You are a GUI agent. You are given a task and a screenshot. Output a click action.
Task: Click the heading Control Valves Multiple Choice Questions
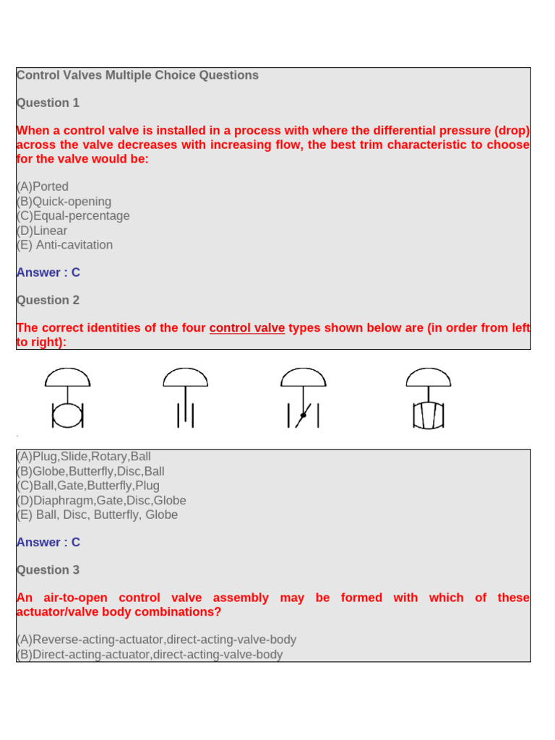[137, 75]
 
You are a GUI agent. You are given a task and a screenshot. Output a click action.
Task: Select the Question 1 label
[48, 103]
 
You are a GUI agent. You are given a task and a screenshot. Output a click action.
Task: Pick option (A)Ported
[43, 186]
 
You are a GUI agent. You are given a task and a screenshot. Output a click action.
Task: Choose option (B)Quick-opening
[64, 202]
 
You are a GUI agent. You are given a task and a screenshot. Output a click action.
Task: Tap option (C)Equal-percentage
[73, 215]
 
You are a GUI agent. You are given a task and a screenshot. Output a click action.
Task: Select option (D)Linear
[42, 231]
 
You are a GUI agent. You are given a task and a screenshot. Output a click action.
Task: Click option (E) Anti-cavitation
[64, 244]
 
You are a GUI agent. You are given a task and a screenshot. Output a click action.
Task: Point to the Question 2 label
[48, 300]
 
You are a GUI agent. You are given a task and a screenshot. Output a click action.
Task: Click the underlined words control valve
[247, 327]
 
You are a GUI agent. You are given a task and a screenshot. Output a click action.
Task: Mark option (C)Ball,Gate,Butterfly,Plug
[88, 486]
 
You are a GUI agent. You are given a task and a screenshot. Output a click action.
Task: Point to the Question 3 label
[48, 569]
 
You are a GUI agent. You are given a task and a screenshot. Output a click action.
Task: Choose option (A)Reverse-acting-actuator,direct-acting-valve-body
[156, 640]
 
